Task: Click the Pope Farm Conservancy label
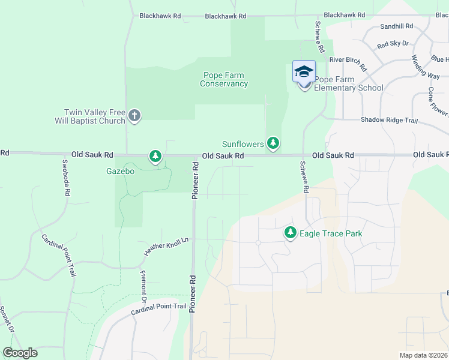224,80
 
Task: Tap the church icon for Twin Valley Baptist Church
134,116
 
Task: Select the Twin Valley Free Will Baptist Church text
95,116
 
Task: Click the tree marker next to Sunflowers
273,143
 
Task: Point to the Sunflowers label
243,145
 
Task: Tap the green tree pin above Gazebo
155,157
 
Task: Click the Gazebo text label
121,171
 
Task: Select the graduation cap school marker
304,72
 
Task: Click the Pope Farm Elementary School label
349,83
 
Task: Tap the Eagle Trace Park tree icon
291,232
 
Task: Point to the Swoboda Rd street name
66,176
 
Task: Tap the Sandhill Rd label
397,26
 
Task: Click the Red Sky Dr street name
393,44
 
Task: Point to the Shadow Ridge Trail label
389,120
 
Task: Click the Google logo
20,352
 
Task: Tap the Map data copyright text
423,355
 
